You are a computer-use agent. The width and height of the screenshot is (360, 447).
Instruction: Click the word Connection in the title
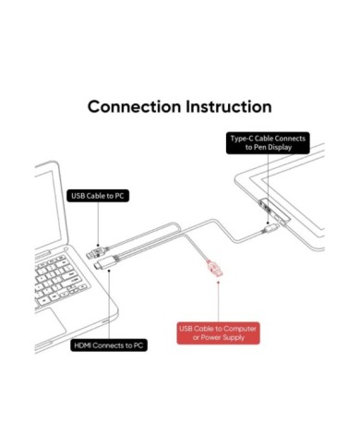[x=134, y=106]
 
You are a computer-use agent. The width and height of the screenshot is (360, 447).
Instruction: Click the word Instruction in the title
[x=229, y=106]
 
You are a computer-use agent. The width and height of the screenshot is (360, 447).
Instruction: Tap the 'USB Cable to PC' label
[x=98, y=196]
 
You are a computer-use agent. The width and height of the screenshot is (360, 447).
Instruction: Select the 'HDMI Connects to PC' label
[x=109, y=345]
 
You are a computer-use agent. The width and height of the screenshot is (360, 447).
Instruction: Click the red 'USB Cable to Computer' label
[x=218, y=333]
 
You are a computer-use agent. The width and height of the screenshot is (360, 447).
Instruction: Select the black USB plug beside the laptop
[x=96, y=252]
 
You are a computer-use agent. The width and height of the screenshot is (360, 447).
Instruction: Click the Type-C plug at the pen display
[x=271, y=228]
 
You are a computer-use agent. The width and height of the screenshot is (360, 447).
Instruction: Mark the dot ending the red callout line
[x=218, y=282]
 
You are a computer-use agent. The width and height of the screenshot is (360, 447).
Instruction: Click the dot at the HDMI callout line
[x=109, y=271]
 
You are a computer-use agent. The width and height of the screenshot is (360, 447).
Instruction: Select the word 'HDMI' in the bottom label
[x=82, y=345]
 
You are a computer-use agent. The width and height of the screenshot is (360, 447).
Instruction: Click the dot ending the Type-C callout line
[x=268, y=223]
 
